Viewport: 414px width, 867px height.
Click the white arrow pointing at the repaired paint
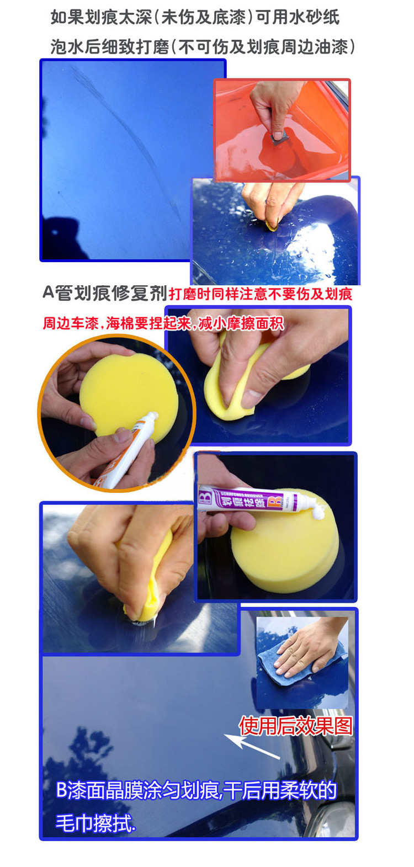252,746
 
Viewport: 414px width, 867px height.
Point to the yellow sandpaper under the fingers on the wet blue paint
273,226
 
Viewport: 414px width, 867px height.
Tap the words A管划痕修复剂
105,293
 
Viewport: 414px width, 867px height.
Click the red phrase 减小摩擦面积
241,323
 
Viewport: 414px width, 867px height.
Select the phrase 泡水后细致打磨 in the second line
110,47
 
